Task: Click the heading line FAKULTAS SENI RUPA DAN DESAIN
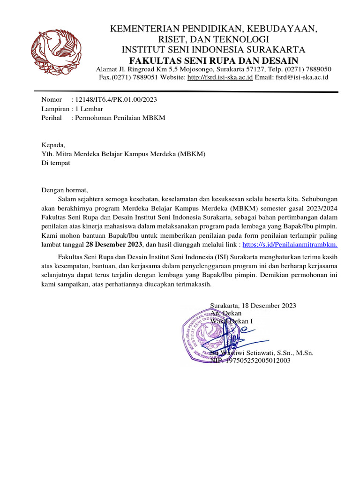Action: tap(213, 60)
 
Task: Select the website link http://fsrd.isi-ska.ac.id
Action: tap(220, 77)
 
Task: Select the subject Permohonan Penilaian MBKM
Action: tap(120, 118)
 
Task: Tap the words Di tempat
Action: tap(56, 163)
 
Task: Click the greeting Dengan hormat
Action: tap(65, 190)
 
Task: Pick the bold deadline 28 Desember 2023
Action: tap(113, 244)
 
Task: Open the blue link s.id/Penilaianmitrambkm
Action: tap(290, 244)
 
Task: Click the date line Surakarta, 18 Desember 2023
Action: tap(253, 305)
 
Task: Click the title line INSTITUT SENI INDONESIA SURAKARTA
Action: tap(213, 50)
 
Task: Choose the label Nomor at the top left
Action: tap(52, 100)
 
